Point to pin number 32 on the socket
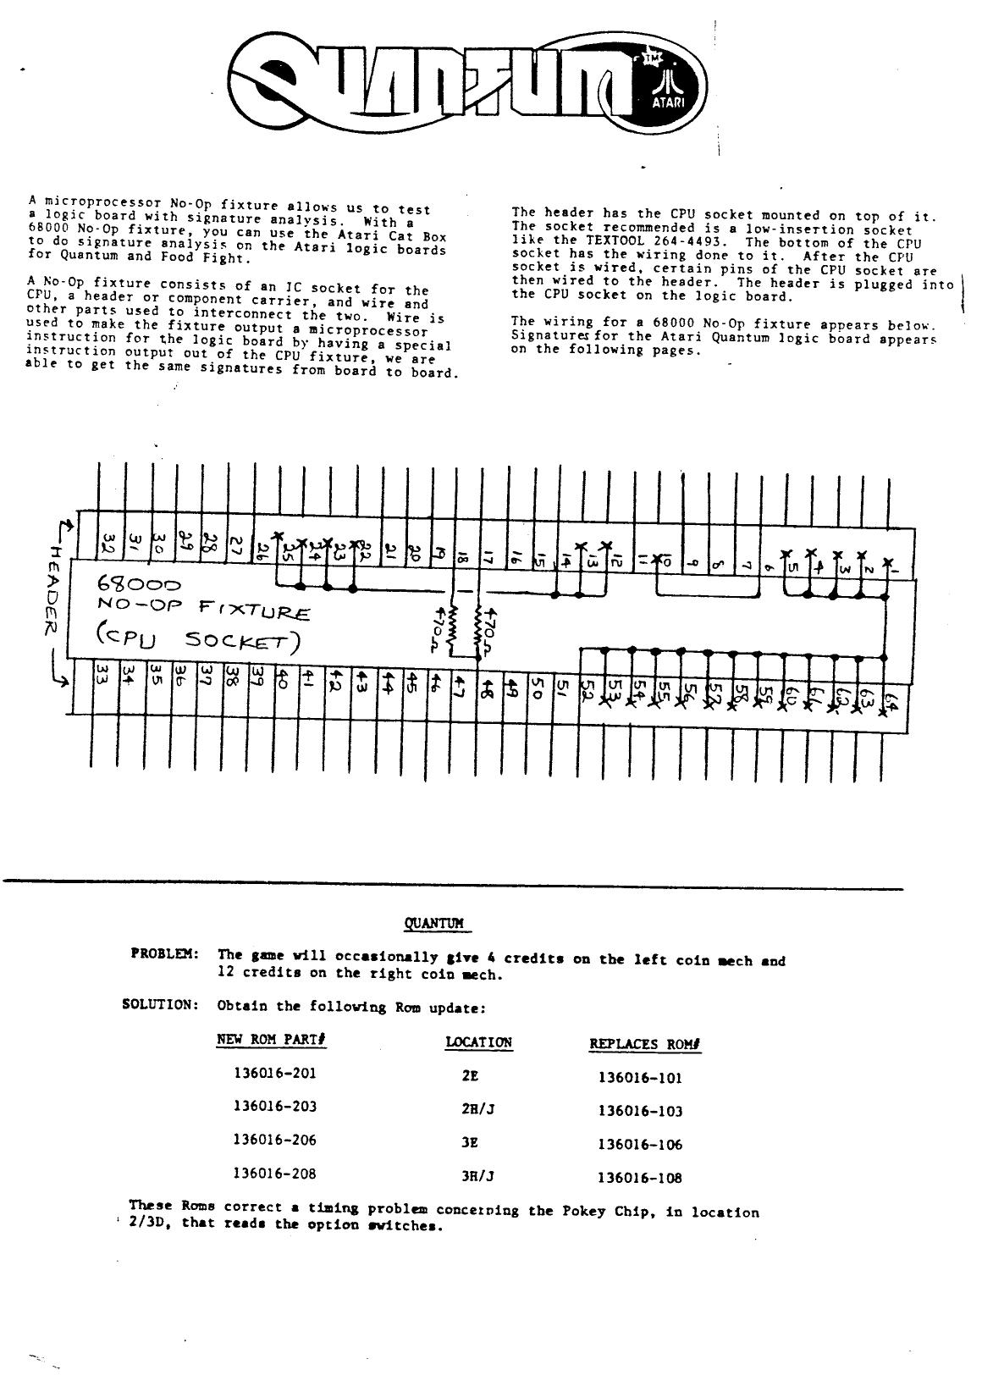pos(108,542)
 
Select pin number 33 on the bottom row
pos(100,675)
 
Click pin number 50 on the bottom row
pos(535,688)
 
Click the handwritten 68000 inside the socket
pos(139,584)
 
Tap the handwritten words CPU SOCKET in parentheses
pos(198,640)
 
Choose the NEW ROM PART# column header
pos(272,1039)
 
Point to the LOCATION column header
pos(479,1042)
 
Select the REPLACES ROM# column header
pos(645,1044)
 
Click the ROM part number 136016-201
pos(274,1073)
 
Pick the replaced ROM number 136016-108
pos(639,1177)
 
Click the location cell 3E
pos(470,1142)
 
